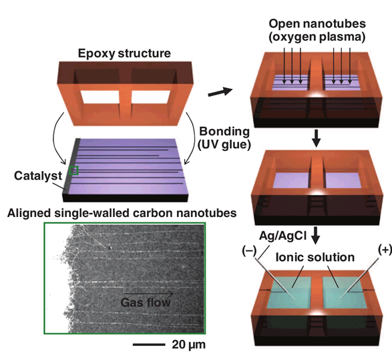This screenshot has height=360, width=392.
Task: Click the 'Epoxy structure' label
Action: pos(124,53)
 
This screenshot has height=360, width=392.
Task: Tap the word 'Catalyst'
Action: pos(38,176)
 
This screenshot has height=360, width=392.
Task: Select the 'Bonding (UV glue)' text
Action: pos(224,138)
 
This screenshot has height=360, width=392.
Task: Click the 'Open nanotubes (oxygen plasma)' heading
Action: pos(317,30)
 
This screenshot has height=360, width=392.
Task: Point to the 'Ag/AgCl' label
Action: pos(282,236)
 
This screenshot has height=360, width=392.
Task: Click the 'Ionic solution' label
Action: pos(315,257)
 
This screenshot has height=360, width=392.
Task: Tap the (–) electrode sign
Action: pos(249,250)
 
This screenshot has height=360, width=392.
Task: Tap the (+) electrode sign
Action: pos(385,250)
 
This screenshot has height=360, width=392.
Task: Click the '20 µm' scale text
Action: pos(189,345)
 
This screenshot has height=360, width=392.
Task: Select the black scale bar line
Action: pos(149,345)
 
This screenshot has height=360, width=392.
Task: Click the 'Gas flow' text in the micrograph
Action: pos(146,303)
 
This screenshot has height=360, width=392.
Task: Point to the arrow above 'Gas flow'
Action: pos(149,293)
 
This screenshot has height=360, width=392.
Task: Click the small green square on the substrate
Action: pos(74,170)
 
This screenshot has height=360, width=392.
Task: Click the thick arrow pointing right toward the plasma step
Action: pos(220,92)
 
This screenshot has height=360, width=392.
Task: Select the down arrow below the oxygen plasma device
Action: pos(317,138)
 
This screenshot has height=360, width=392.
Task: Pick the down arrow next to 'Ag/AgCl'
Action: pos(316,236)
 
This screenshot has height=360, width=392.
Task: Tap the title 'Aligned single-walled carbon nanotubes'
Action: pos(122,213)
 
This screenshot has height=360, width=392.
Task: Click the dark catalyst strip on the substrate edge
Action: pos(71,166)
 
